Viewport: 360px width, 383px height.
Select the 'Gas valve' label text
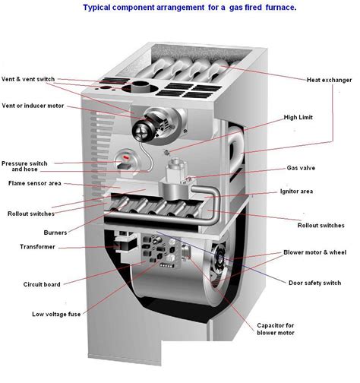pyautogui.click(x=301, y=167)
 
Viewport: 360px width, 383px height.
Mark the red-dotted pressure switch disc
pyautogui.click(x=125, y=162)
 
